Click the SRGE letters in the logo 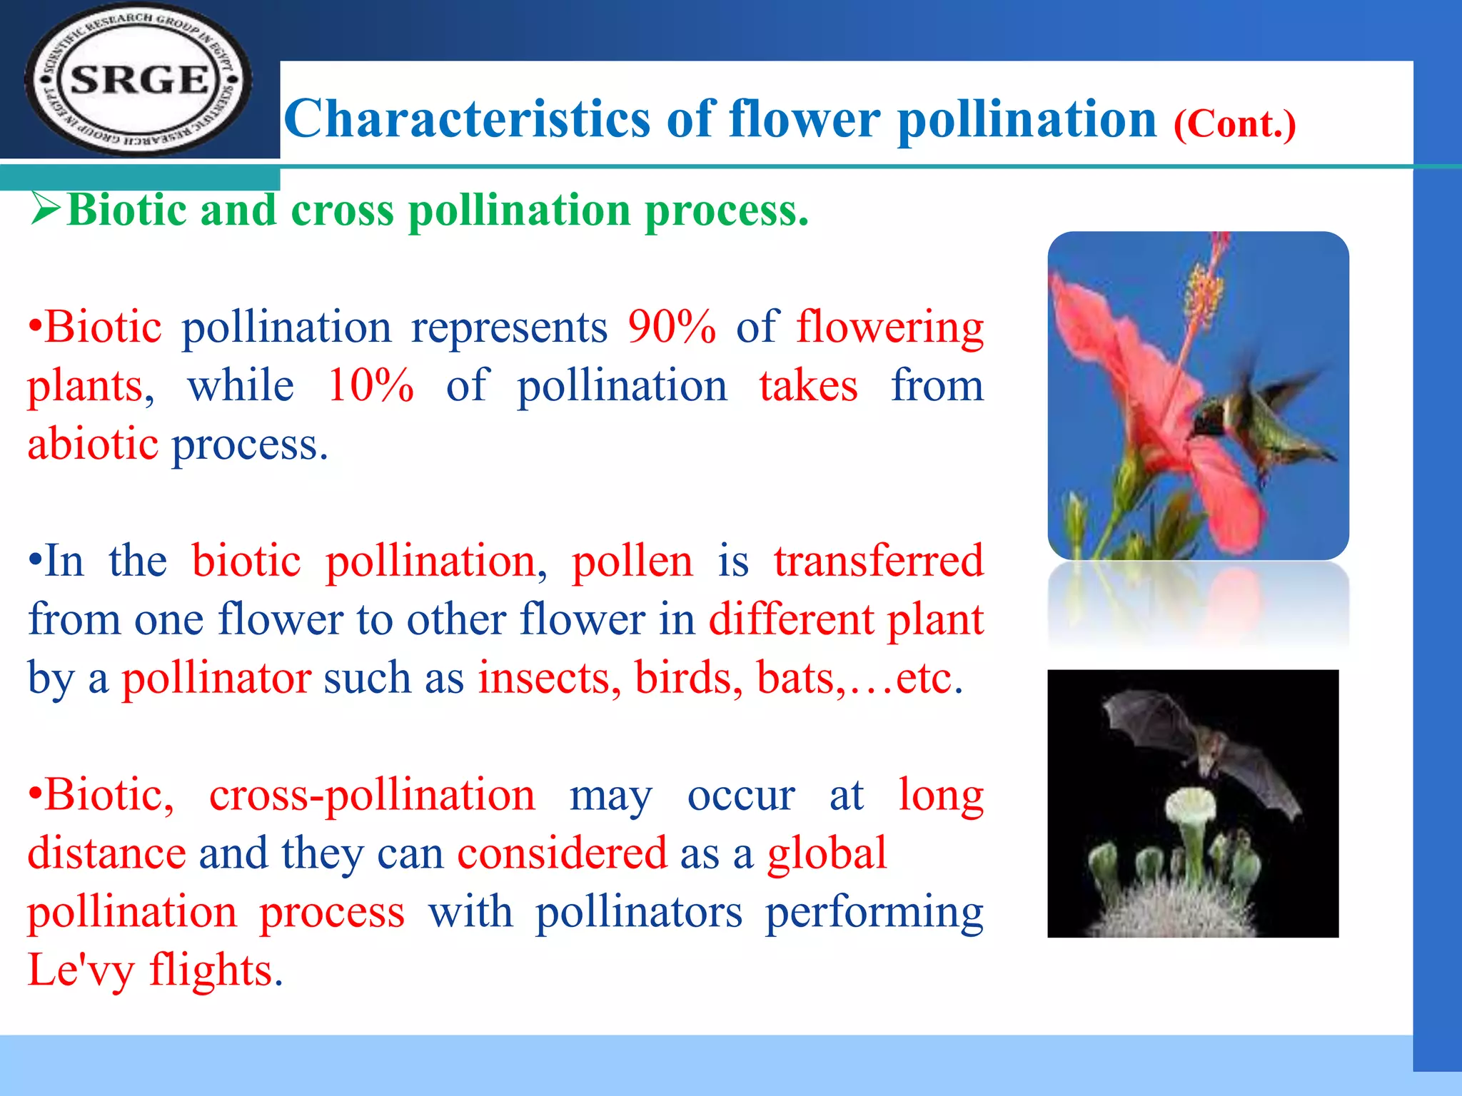pyautogui.click(x=139, y=80)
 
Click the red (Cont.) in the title pyautogui.click(x=1234, y=124)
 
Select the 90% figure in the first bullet pyautogui.click(x=671, y=328)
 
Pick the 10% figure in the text pyautogui.click(x=370, y=386)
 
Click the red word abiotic pyautogui.click(x=93, y=444)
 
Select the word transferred pyautogui.click(x=878, y=561)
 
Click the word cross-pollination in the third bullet pyautogui.click(x=371, y=795)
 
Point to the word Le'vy pyautogui.click(x=80, y=970)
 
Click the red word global pyautogui.click(x=826, y=853)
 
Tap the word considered pyautogui.click(x=562, y=853)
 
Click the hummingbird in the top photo pyautogui.click(x=1256, y=421)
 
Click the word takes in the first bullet pyautogui.click(x=807, y=386)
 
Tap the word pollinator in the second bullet pyautogui.click(x=216, y=677)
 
